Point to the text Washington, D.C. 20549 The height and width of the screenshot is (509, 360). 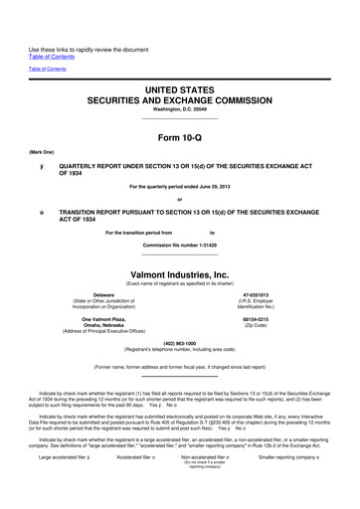click(x=179, y=107)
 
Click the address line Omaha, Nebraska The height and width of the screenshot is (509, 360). click(x=103, y=326)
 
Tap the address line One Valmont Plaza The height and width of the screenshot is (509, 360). click(x=103, y=319)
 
